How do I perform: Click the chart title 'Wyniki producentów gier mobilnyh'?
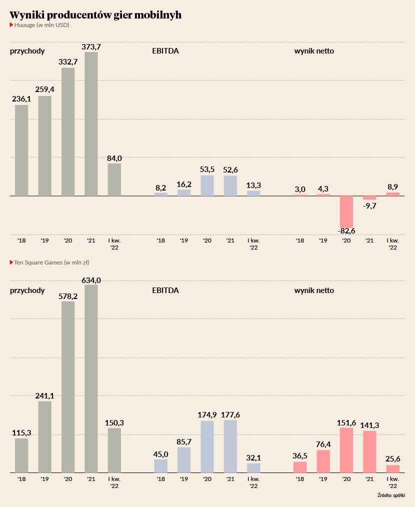click(x=95, y=15)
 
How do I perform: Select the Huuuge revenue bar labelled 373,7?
click(x=91, y=124)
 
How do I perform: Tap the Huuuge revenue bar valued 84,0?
click(x=114, y=179)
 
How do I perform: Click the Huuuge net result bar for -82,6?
click(x=346, y=212)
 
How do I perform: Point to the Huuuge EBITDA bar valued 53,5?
click(x=207, y=185)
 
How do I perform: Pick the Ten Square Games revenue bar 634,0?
click(x=91, y=379)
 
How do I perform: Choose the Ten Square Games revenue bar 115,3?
click(x=21, y=455)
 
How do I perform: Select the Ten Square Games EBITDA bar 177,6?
click(x=230, y=446)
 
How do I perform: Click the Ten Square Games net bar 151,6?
click(x=346, y=450)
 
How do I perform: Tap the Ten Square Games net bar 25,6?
click(x=393, y=469)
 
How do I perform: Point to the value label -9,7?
click(x=369, y=205)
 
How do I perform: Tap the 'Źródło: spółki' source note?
click(x=391, y=495)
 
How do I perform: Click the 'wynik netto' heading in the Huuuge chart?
click(x=314, y=51)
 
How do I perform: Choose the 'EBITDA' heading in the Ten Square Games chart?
click(x=165, y=290)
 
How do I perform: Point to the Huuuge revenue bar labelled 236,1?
click(x=21, y=150)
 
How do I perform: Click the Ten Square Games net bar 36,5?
click(x=300, y=467)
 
